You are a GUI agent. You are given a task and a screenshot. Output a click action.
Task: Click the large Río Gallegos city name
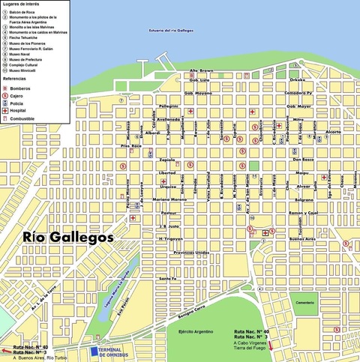point(67,237)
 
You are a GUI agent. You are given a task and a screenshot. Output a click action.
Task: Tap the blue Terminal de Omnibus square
point(94,352)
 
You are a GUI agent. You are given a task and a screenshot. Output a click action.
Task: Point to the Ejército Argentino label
point(197,331)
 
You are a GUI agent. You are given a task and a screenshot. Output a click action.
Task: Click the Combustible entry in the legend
point(22,118)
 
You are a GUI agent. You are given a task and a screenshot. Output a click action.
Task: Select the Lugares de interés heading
point(22,4)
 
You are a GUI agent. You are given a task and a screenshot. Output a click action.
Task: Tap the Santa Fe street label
point(166,279)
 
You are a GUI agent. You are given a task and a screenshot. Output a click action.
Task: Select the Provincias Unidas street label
point(190,253)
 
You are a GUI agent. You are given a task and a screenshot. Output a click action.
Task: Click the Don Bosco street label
point(302,160)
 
